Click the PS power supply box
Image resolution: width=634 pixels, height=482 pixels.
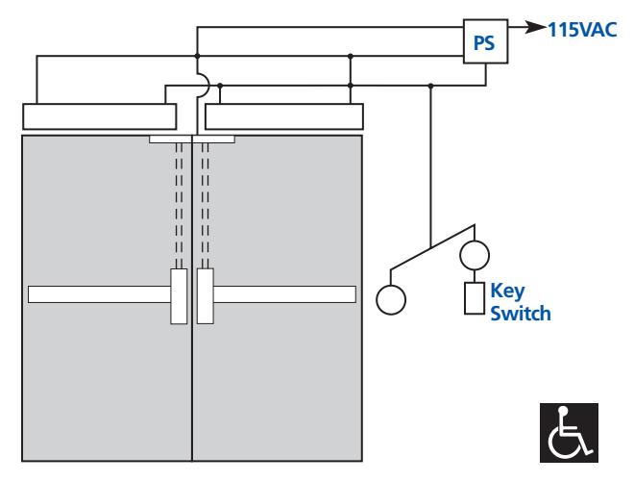(485, 41)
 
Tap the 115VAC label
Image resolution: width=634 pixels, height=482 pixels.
(582, 30)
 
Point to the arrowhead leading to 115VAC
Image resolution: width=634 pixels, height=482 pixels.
(536, 28)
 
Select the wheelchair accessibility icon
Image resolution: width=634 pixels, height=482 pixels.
(569, 433)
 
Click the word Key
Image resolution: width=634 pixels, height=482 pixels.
(507, 292)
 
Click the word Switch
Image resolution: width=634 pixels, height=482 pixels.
(521, 314)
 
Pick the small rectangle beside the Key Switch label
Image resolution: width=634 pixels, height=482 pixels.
(475, 298)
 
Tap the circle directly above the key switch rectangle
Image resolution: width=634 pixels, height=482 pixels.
(475, 255)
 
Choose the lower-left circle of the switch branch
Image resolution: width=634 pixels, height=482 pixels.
(391, 300)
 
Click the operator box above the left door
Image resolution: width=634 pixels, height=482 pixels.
(100, 116)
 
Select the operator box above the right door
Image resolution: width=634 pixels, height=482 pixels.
(283, 116)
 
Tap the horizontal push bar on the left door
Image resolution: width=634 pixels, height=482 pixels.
(100, 294)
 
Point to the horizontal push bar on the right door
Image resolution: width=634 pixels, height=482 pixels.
(284, 294)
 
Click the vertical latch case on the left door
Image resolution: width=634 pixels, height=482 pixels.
(179, 296)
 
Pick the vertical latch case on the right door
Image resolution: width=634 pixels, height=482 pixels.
(205, 296)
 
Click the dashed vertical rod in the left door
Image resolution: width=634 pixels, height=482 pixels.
(179, 206)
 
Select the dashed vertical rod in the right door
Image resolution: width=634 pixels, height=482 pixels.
(205, 206)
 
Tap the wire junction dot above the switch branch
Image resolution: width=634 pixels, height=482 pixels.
(431, 86)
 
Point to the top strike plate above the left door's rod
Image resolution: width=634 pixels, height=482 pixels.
(170, 139)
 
